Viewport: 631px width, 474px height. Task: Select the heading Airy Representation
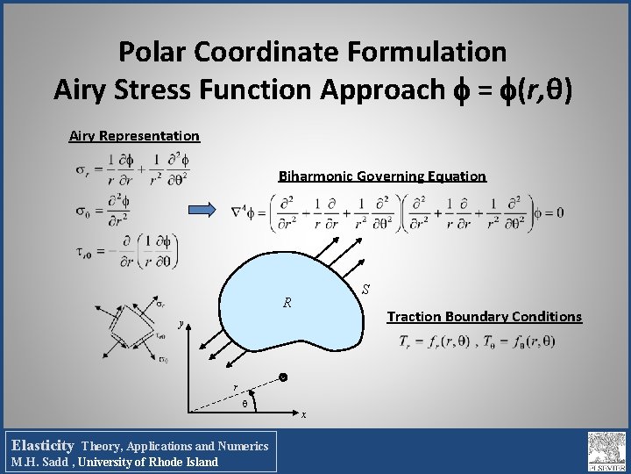[x=134, y=136]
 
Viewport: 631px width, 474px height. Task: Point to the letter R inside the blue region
[x=287, y=304]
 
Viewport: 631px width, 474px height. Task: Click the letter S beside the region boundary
[x=366, y=289]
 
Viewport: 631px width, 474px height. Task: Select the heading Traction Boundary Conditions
[x=484, y=316]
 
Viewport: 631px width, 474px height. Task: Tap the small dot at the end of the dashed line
[x=283, y=378]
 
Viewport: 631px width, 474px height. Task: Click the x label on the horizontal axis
[x=304, y=414]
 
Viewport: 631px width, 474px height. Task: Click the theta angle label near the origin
[x=244, y=405]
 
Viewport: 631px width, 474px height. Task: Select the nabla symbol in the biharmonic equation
[x=235, y=212]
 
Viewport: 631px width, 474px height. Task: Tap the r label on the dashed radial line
[x=234, y=386]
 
